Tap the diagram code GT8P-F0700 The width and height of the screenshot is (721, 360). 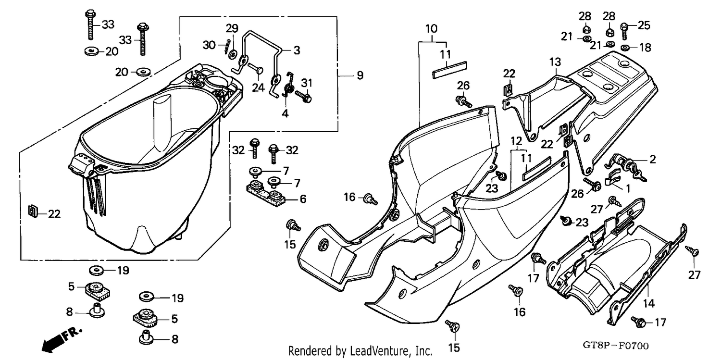(615, 346)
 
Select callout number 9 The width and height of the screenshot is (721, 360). (360, 75)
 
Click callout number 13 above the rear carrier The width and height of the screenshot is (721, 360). (555, 62)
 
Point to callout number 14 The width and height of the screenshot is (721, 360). (648, 303)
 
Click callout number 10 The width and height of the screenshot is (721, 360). (431, 29)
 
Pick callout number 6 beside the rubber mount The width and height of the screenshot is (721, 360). (302, 199)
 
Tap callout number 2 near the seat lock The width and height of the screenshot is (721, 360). (652, 159)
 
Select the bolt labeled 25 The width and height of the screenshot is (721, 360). (624, 31)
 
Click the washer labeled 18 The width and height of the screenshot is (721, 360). (625, 48)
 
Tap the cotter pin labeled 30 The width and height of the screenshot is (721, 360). (228, 47)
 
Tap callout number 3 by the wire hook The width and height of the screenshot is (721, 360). (297, 50)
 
